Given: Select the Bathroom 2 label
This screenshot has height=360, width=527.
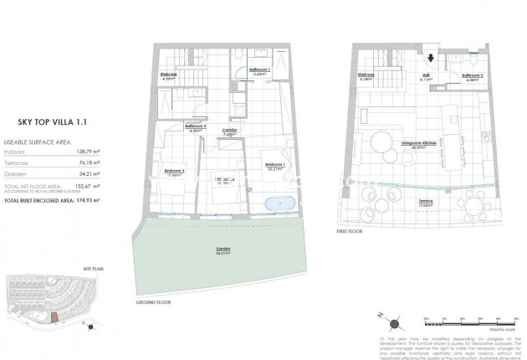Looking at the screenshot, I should point(195,127).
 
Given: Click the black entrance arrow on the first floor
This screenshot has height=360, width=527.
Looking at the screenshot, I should point(431,59).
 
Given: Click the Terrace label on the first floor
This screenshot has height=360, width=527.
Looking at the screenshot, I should point(427,200).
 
